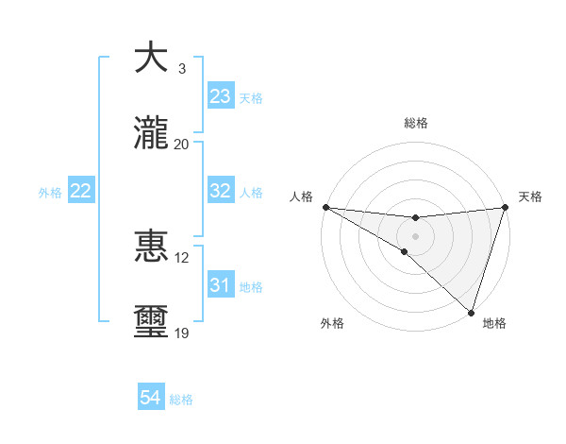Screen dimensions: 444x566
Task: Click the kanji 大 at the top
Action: coord(151,57)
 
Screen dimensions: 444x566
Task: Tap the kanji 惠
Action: coord(151,247)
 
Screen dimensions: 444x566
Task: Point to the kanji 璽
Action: coord(151,323)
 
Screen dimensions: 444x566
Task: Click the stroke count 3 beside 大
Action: coord(181,68)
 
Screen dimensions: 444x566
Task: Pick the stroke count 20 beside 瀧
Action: coord(181,145)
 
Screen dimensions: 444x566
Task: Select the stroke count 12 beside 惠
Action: coord(181,258)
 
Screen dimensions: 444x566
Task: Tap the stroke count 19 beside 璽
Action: coord(181,333)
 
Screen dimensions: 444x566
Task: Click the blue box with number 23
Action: coord(221,96)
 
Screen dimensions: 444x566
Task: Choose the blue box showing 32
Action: coord(221,191)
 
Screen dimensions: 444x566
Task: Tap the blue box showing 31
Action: coord(221,285)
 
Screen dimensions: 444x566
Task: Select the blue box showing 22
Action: coord(81,191)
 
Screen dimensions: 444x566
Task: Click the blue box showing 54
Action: coord(151,398)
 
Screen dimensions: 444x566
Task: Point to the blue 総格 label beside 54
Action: coord(181,400)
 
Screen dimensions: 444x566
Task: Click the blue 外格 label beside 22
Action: coord(50,193)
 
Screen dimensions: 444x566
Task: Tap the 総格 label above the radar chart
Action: coord(416,123)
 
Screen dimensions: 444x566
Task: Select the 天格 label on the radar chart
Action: coord(530,196)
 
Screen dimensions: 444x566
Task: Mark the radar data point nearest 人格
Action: coord(325,206)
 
